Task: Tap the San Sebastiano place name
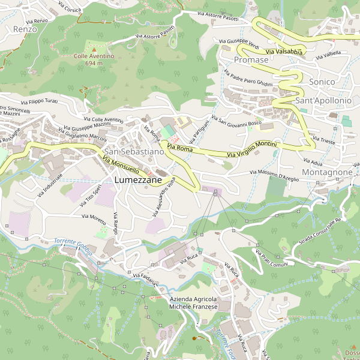pyautogui.click(x=133, y=152)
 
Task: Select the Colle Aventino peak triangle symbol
pyautogui.click(x=94, y=49)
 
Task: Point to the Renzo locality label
pyautogui.click(x=25, y=29)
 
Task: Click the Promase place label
pyautogui.click(x=251, y=61)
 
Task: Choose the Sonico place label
pyautogui.click(x=322, y=81)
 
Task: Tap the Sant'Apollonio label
pyautogui.click(x=323, y=101)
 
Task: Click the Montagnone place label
pyautogui.click(x=327, y=172)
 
